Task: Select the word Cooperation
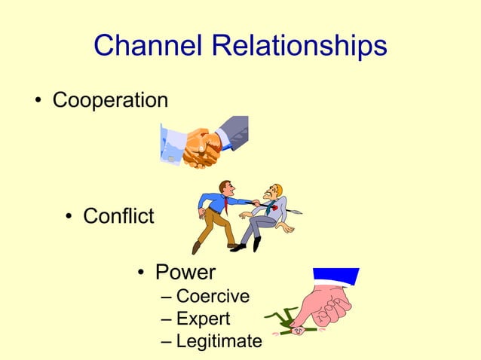coord(110,100)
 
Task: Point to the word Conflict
coord(118,217)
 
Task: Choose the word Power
coord(185,272)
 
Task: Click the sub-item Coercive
coord(213,296)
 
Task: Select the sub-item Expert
coord(203,319)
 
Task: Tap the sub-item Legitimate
coord(219,341)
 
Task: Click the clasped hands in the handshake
coord(201,148)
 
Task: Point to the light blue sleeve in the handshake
coord(173,142)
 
